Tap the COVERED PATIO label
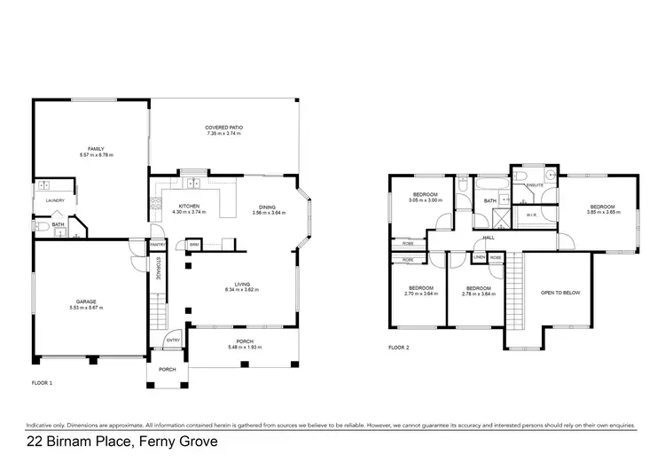coord(223,128)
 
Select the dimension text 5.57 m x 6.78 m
coord(96,155)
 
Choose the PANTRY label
coord(158,244)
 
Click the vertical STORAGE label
coord(158,268)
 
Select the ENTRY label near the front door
coord(172,340)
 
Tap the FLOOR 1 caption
coord(42,384)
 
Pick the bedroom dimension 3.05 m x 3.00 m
coord(426,200)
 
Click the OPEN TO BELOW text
coord(560,292)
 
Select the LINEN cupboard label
coord(479,257)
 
